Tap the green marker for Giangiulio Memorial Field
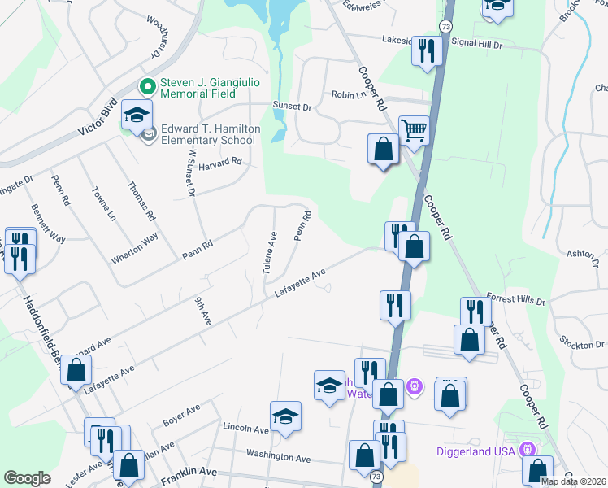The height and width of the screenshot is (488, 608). pos(148,84)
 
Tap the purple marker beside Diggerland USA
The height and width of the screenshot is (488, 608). pos(528,449)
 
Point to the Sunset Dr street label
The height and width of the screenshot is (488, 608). pos(296,107)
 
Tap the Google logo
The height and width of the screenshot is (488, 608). pos(27,478)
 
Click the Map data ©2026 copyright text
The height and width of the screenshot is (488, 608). pos(573,481)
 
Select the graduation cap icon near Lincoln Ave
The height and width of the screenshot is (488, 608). pos(285,416)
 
